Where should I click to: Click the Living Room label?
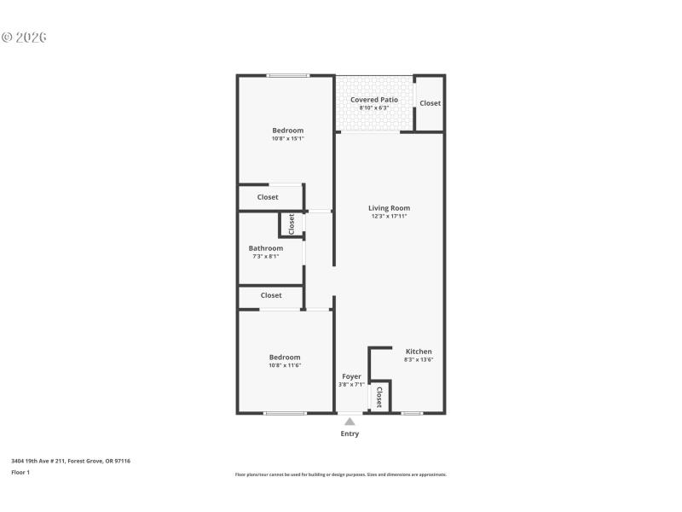(389, 208)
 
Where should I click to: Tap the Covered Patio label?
(373, 100)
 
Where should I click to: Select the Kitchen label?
(419, 352)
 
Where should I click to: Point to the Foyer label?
(351, 376)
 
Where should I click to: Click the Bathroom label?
(265, 248)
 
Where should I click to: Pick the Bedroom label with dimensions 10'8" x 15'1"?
(287, 131)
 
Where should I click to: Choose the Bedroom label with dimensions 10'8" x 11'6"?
(285, 358)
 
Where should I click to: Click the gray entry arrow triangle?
(350, 421)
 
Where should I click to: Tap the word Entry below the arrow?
(350, 433)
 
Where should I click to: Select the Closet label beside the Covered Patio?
(430, 103)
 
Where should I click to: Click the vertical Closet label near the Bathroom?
(292, 224)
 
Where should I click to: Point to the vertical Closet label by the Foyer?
(379, 397)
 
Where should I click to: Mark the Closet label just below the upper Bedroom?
(268, 197)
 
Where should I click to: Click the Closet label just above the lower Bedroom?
(271, 295)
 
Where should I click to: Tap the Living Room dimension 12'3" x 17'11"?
(389, 217)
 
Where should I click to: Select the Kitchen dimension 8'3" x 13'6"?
(419, 360)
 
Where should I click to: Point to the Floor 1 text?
(20, 472)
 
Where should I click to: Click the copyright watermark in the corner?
(24, 38)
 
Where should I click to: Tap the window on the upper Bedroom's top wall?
(287, 76)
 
